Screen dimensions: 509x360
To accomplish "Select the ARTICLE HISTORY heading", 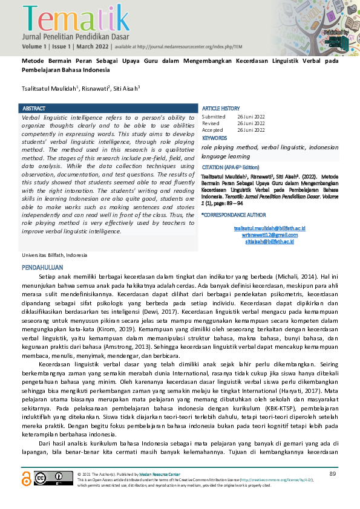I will tap(221, 108).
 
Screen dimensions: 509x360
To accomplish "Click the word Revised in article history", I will tap(211, 123).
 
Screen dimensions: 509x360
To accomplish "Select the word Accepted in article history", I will tap(212, 130).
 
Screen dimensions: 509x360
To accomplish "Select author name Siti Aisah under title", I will tap(126, 88).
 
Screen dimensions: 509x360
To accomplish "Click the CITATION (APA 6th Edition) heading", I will tap(233, 166).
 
